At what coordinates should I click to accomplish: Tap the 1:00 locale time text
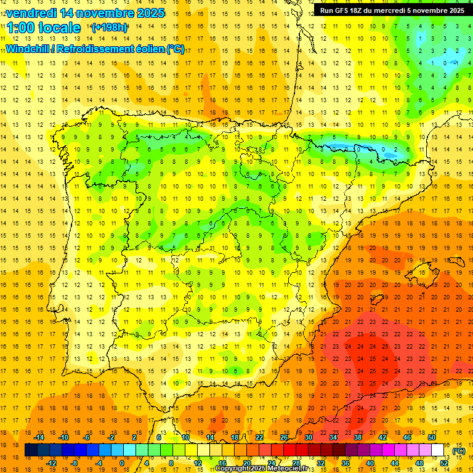pyautogui.click(x=44, y=28)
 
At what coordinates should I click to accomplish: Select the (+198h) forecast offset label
pyautogui.click(x=109, y=28)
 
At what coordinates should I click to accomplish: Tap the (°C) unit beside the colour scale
pyautogui.click(x=459, y=451)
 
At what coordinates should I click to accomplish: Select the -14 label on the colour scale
pyautogui.click(x=39, y=437)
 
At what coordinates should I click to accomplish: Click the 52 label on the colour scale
pyautogui.click(x=444, y=463)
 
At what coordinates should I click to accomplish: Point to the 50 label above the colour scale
pyautogui.click(x=432, y=437)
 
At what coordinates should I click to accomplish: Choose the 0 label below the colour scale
pyautogui.click(x=123, y=463)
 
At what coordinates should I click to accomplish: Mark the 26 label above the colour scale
pyautogui.click(x=284, y=437)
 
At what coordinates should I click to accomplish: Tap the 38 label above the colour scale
pyautogui.click(x=358, y=437)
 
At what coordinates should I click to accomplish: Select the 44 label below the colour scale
pyautogui.click(x=395, y=463)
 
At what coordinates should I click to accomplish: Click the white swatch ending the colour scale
pyautogui.click(x=438, y=450)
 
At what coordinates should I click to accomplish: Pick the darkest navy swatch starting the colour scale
pyautogui.click(x=31, y=450)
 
